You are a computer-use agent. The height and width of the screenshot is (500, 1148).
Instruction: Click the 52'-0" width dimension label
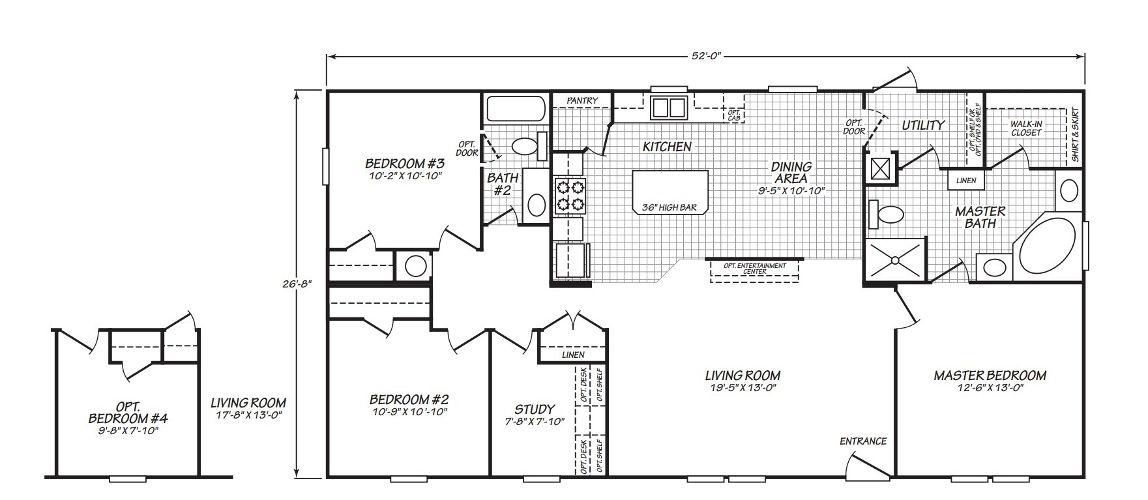click(707, 57)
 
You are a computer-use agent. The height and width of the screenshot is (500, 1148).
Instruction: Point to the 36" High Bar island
click(670, 192)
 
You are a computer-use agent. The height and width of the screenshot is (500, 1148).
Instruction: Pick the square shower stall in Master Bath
click(895, 259)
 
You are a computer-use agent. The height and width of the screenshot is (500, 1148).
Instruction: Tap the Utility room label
click(923, 125)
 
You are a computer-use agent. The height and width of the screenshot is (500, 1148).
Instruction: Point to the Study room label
click(535, 409)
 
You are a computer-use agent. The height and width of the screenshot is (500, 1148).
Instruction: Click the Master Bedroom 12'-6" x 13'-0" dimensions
click(990, 387)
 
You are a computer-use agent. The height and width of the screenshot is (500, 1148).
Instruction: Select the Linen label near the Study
click(573, 355)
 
